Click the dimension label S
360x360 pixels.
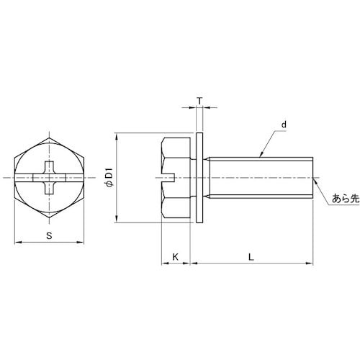tap(49, 235)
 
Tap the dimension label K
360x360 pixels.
tap(176, 257)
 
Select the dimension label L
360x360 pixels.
tap(251, 257)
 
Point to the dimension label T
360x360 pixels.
tap(199, 102)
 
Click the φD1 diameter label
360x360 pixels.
tap(109, 178)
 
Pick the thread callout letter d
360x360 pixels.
tap(284, 125)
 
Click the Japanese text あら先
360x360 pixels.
tap(346, 199)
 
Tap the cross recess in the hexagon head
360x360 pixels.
tap(49, 178)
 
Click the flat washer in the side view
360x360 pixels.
tap(199, 178)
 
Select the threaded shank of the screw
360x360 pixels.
tap(261, 178)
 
